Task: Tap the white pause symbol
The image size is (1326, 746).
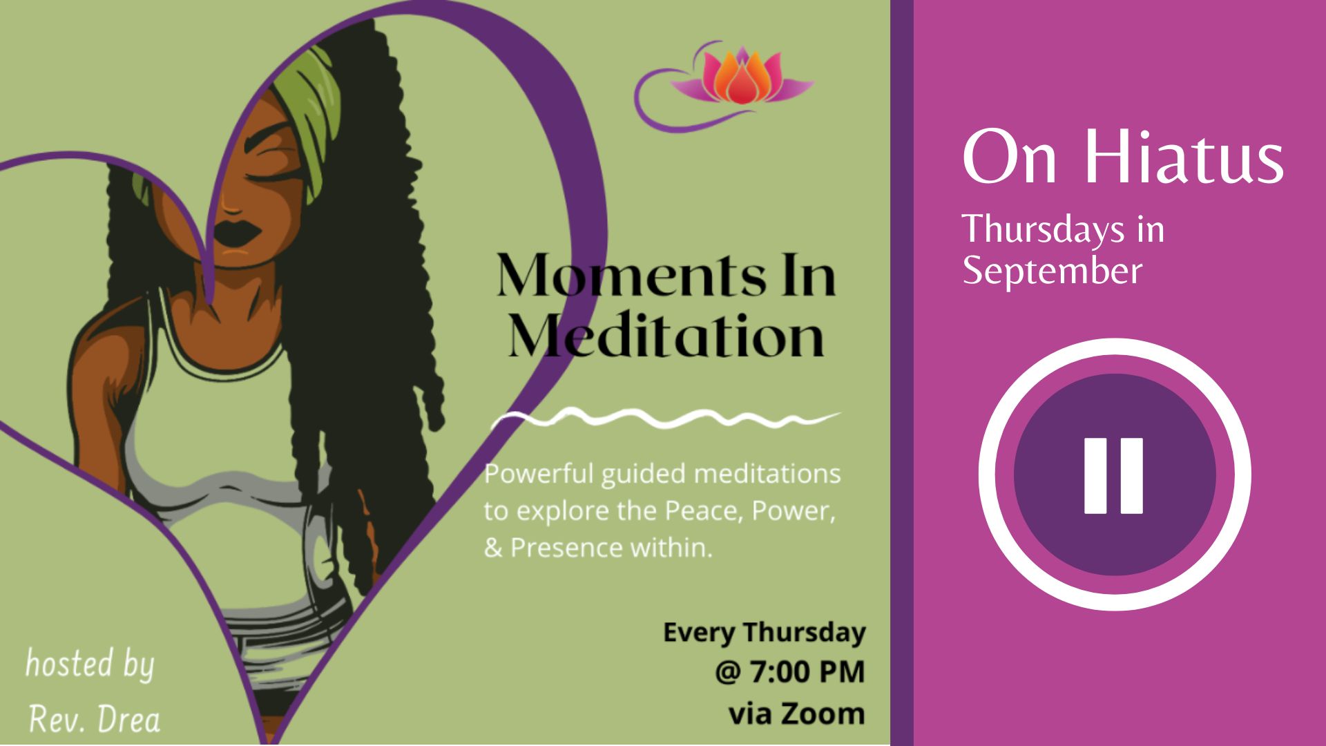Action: point(1113,475)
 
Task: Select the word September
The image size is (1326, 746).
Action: point(1052,271)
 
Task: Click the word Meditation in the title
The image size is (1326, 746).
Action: point(666,336)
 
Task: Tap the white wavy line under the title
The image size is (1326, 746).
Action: point(665,419)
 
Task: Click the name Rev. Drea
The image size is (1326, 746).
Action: point(95,720)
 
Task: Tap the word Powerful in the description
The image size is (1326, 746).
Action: point(539,474)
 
